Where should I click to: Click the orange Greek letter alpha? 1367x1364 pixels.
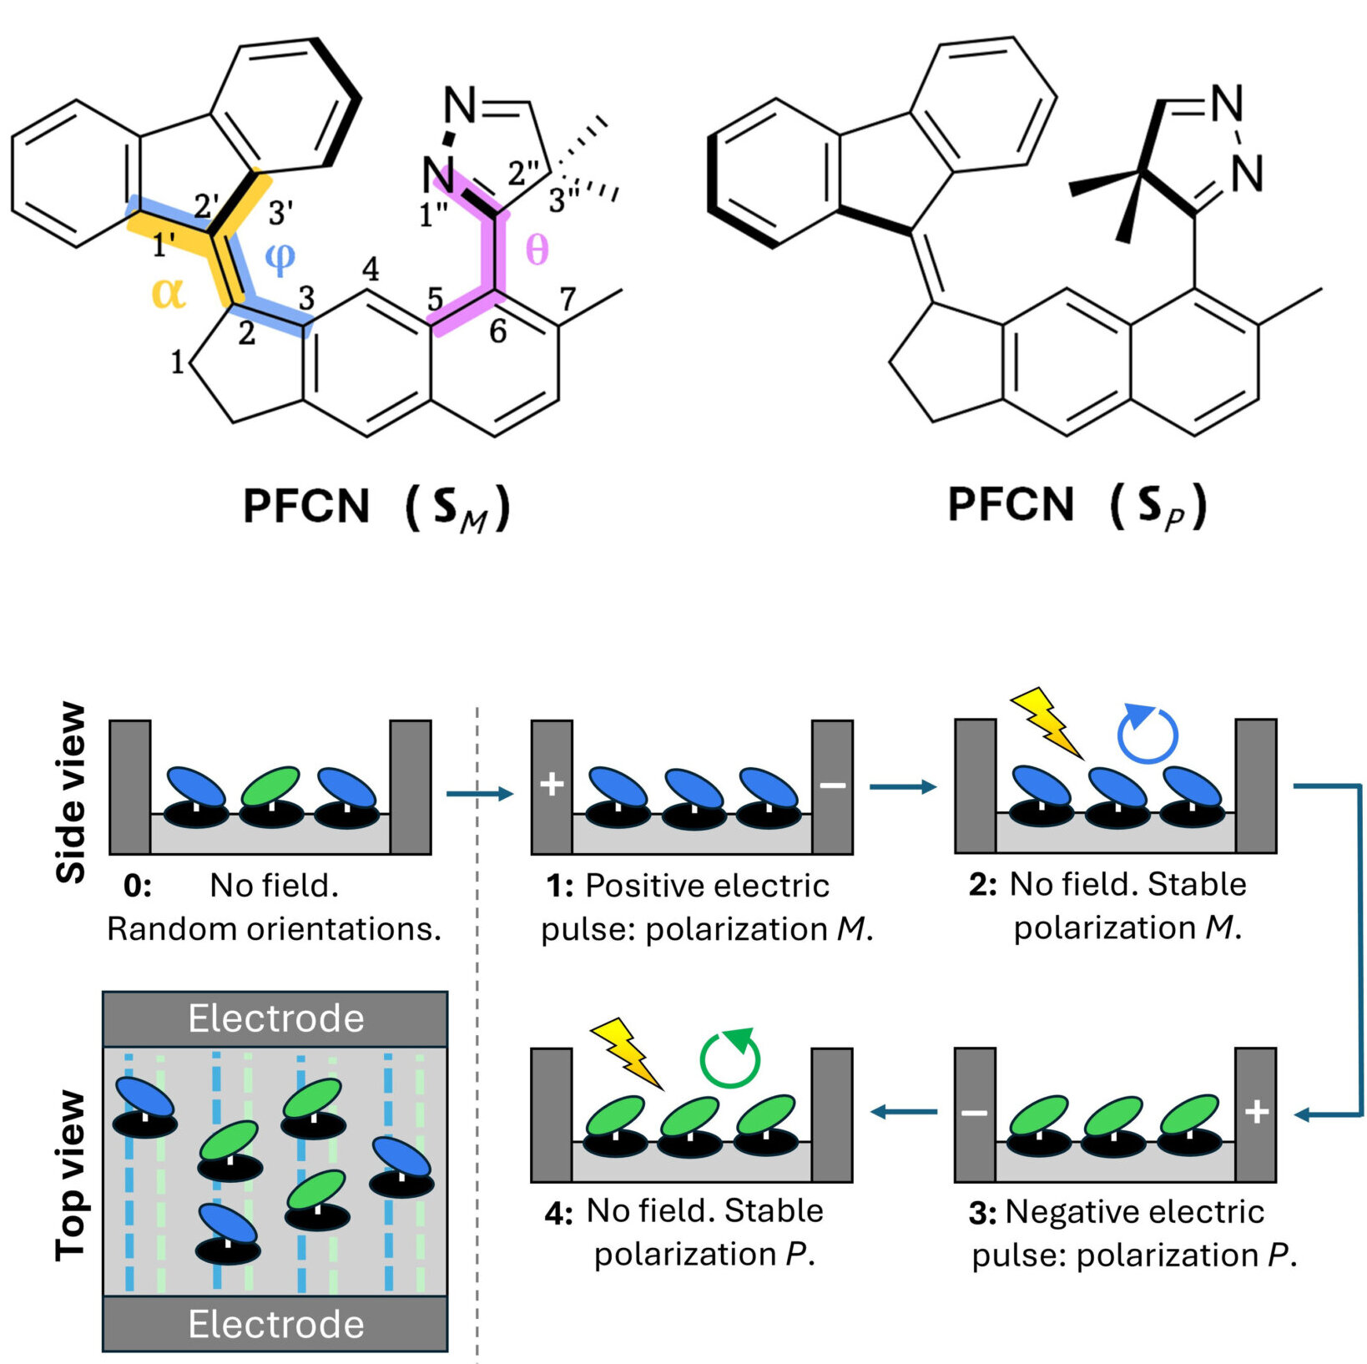point(169,293)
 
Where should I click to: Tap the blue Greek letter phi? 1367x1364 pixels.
point(280,259)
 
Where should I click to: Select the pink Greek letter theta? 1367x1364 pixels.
point(537,250)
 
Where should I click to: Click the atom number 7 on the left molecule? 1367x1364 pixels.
point(568,298)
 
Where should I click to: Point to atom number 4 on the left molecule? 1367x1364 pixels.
point(371,269)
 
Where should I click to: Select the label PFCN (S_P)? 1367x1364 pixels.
point(1077,505)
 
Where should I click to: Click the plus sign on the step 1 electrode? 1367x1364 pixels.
point(552,785)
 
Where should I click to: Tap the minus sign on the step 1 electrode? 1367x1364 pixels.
point(833,785)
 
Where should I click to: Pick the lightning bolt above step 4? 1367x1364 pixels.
point(628,1053)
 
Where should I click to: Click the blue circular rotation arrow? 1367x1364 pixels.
point(1148,733)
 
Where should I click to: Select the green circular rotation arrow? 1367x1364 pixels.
point(730,1058)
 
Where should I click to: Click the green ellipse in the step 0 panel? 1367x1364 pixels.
point(270,786)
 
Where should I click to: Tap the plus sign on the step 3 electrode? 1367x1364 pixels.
point(1257,1112)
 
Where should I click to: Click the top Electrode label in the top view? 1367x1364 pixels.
point(276,1018)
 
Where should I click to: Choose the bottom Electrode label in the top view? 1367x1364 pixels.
point(276,1324)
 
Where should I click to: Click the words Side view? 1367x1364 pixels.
point(71,793)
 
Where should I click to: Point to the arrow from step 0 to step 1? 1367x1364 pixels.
point(481,793)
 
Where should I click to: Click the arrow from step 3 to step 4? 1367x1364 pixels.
point(905,1112)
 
